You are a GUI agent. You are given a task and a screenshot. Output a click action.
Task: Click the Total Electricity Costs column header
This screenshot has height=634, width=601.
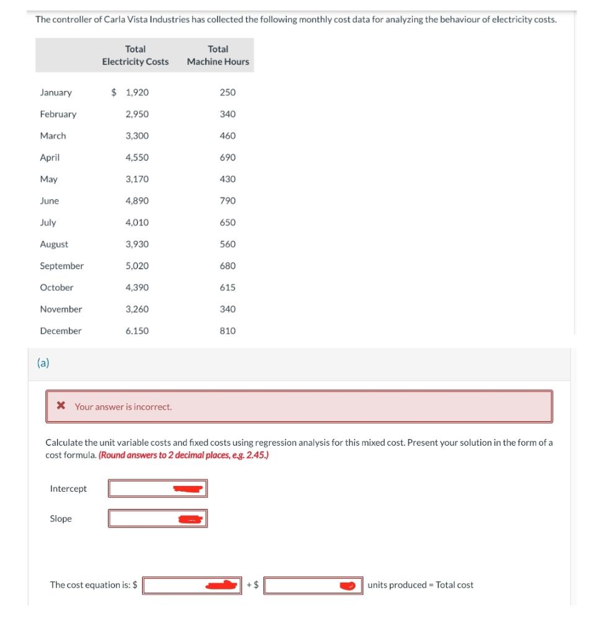point(135,55)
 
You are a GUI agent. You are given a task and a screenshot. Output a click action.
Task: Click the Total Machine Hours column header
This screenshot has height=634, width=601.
point(218,55)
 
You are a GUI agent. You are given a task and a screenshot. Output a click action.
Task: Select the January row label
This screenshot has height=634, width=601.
point(56,93)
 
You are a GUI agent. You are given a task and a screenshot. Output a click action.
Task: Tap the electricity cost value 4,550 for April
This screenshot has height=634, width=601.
point(137,158)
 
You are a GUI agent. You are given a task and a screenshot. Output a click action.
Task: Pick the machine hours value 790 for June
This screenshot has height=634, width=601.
point(227,201)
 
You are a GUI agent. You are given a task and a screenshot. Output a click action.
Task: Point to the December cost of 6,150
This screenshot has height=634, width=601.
point(137,331)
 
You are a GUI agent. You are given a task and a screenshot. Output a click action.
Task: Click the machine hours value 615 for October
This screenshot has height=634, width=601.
point(227,288)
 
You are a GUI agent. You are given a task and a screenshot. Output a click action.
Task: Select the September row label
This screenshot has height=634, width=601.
point(61,266)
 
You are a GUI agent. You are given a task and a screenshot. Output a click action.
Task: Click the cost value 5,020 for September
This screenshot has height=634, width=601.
point(137,266)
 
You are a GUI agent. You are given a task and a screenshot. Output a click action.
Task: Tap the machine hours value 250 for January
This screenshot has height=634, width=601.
point(227,93)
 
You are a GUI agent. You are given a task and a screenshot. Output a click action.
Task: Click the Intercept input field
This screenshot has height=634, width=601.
point(157,489)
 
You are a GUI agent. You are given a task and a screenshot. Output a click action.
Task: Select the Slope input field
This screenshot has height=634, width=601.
point(157,518)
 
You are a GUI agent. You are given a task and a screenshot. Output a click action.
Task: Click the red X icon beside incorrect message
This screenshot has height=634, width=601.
point(61,407)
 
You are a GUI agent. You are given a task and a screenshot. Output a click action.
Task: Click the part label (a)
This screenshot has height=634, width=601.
point(43,363)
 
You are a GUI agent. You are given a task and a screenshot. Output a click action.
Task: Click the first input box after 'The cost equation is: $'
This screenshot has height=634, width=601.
point(192,585)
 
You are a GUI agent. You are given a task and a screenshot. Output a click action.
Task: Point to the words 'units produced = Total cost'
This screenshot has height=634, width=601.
point(420,585)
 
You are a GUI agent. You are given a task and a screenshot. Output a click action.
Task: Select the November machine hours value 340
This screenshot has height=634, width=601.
point(227,310)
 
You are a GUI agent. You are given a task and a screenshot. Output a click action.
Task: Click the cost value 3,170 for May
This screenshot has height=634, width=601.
point(137,180)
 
